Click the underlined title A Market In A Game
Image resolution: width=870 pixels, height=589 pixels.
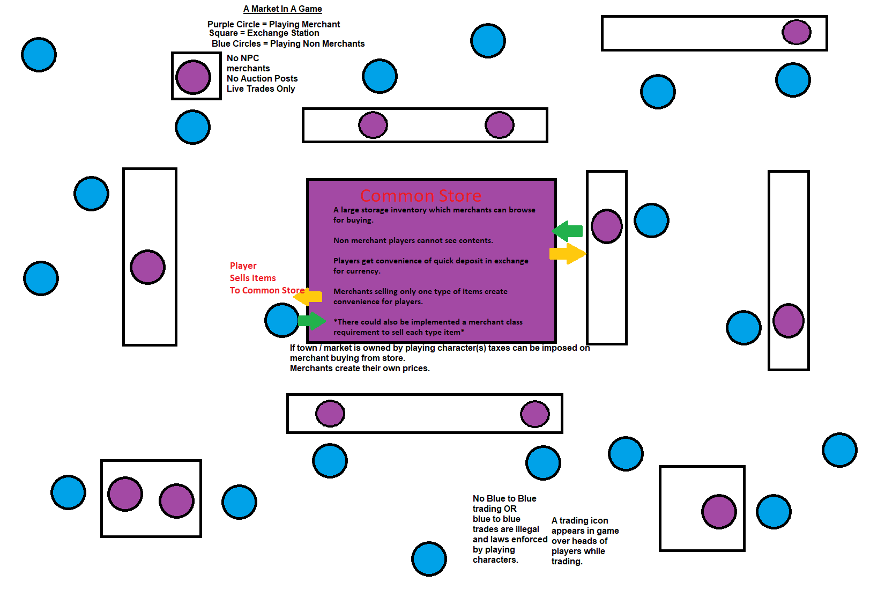282,9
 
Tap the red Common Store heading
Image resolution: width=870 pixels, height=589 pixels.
421,196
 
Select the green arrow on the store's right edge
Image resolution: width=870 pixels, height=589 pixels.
568,231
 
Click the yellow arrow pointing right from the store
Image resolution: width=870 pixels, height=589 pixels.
568,253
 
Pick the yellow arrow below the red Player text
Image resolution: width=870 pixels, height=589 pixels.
309,297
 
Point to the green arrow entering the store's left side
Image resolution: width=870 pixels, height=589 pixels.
311,321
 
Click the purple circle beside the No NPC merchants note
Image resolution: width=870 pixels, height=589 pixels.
194,77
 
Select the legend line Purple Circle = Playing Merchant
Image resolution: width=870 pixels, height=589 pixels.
273,24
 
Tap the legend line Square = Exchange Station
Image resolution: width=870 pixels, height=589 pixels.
264,33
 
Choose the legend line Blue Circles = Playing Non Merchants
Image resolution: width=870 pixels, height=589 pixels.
288,44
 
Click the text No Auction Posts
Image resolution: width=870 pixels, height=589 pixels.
262,79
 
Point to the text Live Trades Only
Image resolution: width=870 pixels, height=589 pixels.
261,89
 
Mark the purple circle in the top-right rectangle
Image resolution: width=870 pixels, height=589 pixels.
797,32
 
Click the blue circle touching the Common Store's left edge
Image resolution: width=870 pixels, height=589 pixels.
282,320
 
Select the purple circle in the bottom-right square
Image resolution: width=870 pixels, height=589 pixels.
719,512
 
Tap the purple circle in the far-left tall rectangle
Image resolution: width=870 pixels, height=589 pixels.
147,267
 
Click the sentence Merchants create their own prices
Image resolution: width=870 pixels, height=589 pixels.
360,369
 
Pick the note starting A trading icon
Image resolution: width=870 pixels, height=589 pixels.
585,541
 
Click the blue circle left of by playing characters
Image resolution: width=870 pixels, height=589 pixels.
429,559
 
